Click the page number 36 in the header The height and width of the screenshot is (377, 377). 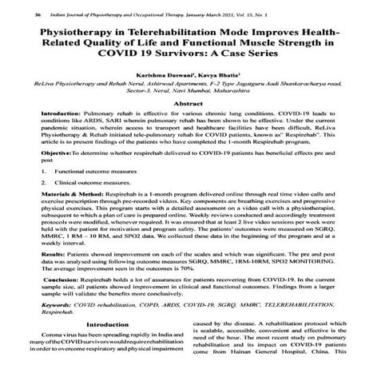point(16,14)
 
